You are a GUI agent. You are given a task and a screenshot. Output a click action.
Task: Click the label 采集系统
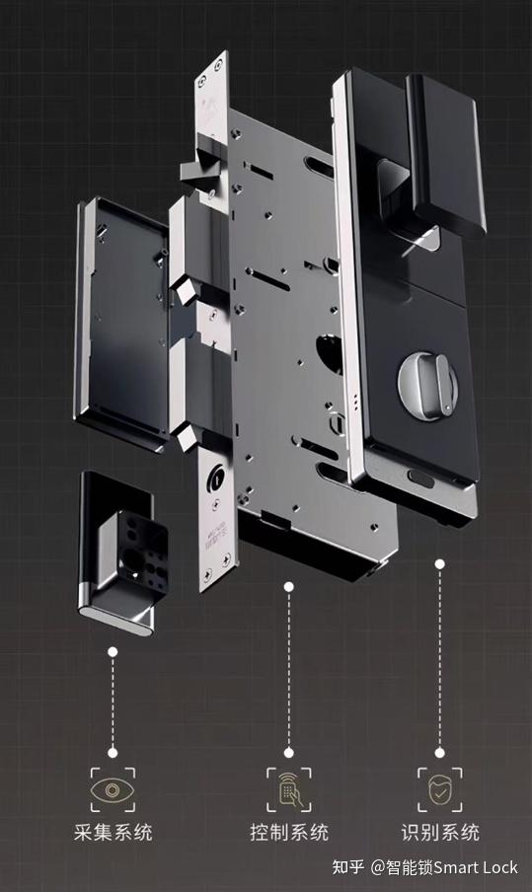click(x=113, y=832)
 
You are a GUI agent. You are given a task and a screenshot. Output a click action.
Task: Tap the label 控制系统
click(x=289, y=832)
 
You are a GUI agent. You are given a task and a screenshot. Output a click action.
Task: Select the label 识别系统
click(x=440, y=832)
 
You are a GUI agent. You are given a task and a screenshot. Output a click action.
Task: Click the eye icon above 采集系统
click(x=113, y=789)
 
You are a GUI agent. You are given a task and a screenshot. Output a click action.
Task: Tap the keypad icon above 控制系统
click(x=289, y=789)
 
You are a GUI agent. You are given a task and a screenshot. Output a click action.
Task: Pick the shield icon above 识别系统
click(x=440, y=789)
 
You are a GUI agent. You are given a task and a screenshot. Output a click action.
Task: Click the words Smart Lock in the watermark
click(x=476, y=867)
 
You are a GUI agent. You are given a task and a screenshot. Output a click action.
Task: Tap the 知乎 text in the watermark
click(x=347, y=867)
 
